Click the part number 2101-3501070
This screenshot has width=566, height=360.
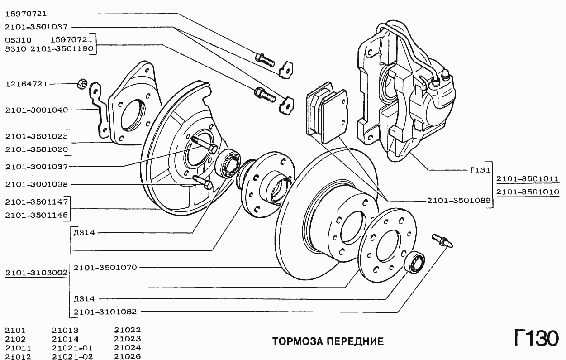point(105,268)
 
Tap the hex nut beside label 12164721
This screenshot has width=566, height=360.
point(82,84)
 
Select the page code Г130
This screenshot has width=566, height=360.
point(536,338)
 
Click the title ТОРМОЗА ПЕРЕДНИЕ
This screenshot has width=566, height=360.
point(328,341)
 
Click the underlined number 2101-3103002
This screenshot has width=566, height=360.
point(36,273)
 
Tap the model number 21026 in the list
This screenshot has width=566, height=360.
point(128,357)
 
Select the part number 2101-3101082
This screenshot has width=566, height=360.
point(105,312)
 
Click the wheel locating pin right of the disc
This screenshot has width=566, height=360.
point(442,240)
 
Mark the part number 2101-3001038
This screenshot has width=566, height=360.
point(36,184)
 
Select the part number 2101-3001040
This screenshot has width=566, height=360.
point(36,110)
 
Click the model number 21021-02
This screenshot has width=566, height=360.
point(72,357)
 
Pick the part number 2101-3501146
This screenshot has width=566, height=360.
point(36,216)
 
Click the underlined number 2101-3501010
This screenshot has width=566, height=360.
point(528,192)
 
